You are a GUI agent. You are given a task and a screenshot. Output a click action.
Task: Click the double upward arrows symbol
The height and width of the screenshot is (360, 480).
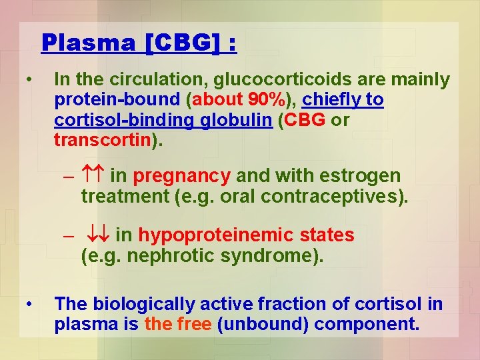[x=93, y=177]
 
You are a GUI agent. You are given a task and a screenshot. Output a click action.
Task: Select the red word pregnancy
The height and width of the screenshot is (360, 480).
[x=181, y=176]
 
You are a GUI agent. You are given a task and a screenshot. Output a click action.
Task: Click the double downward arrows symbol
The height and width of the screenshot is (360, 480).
[x=98, y=236]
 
